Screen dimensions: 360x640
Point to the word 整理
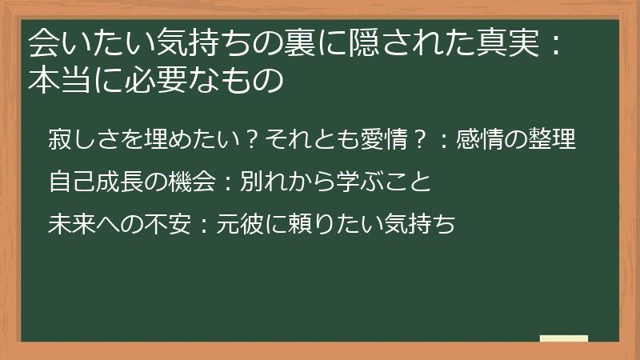coord(553,139)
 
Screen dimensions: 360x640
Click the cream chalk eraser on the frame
coord(564,338)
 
